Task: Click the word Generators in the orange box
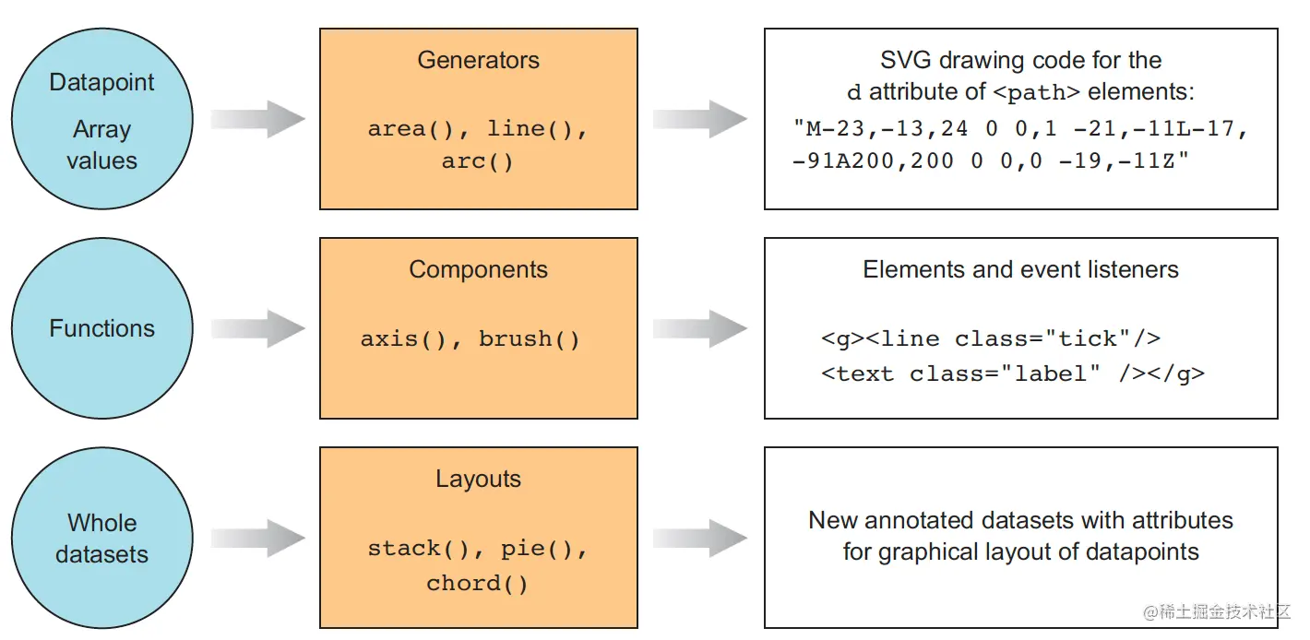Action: pyautogui.click(x=479, y=60)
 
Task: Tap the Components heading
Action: pyautogui.click(x=479, y=269)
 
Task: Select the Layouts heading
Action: pyautogui.click(x=479, y=480)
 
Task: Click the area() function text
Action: pyautogui.click(x=411, y=129)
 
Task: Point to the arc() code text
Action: pyautogui.click(x=477, y=161)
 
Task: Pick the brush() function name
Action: pyautogui.click(x=530, y=339)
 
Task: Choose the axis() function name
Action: pyautogui.click(x=403, y=339)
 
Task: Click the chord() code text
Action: pyautogui.click(x=477, y=584)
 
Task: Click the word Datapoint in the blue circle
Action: pyautogui.click(x=101, y=82)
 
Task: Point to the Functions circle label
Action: pyautogui.click(x=101, y=328)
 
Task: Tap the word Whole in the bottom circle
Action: pyautogui.click(x=101, y=523)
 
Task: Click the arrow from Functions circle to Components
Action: pyautogui.click(x=258, y=328)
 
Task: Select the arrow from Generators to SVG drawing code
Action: pyautogui.click(x=700, y=119)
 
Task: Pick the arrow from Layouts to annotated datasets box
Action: pyautogui.click(x=700, y=538)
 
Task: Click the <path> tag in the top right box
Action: pyautogui.click(x=1036, y=93)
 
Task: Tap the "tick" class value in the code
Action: pyautogui.click(x=1088, y=338)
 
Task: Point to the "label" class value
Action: pyautogui.click(x=1051, y=373)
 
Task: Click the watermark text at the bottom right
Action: pyautogui.click(x=1217, y=612)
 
